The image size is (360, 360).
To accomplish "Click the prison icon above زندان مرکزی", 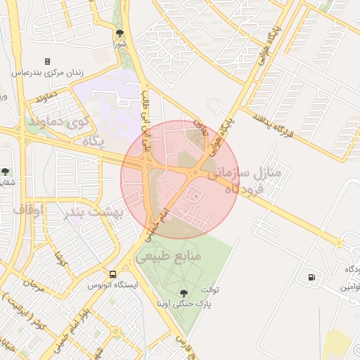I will [x=47, y=62].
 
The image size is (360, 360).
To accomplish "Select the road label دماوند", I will [x=46, y=98].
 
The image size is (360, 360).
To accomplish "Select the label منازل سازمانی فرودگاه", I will [x=244, y=179].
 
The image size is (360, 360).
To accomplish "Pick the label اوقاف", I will [x=28, y=209].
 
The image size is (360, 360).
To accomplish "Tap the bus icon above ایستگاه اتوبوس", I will [x=112, y=274].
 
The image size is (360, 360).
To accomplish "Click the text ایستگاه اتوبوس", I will [x=113, y=285].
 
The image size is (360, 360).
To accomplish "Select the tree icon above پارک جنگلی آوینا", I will [x=184, y=292].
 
